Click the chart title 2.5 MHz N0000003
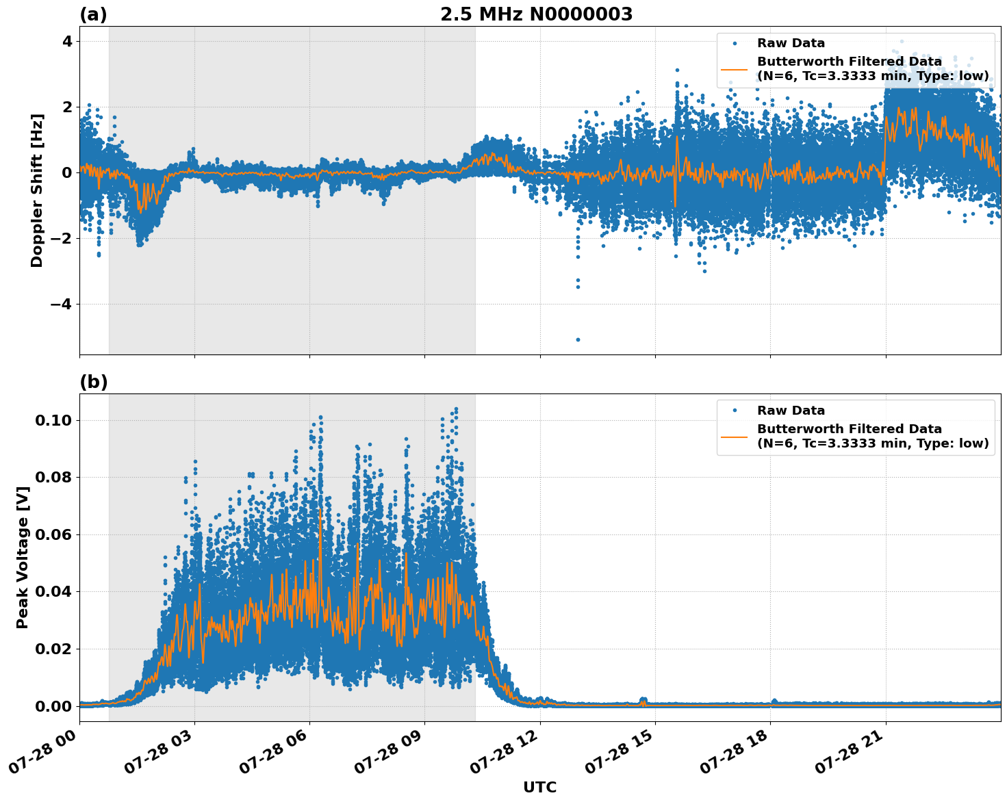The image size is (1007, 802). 536,14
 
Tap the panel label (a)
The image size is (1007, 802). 93,14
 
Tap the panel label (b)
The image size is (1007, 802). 93,382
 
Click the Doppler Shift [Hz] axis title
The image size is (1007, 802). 37,190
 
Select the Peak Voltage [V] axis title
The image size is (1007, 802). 23,572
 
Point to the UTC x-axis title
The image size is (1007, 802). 539,787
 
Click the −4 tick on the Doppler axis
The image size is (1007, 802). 61,304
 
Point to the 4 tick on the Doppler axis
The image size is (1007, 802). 67,41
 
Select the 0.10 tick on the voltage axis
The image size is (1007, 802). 53,420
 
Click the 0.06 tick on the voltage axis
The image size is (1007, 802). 53,534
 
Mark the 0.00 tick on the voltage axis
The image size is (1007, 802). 53,706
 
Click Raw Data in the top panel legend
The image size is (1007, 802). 791,43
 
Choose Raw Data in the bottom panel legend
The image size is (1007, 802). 791,411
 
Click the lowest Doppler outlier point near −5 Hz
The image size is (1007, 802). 578,339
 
